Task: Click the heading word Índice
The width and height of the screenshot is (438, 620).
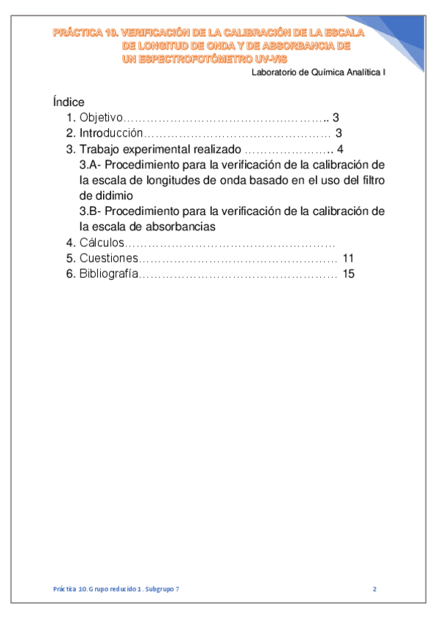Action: pos(69,102)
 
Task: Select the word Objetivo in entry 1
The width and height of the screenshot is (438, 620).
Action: pos(101,118)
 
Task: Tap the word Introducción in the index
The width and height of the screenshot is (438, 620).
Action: pos(110,134)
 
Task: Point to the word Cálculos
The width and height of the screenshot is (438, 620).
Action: pos(102,243)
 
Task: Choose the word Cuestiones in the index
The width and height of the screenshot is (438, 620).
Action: pos(108,259)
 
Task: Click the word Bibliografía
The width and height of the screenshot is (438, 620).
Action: pos(109,274)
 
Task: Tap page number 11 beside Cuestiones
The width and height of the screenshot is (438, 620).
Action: pos(347,259)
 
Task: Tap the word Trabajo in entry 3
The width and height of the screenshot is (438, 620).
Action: pos(99,149)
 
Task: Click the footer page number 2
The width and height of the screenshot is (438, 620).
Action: pos(374,589)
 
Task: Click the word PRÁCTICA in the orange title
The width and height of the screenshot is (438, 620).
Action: pos(77,33)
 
